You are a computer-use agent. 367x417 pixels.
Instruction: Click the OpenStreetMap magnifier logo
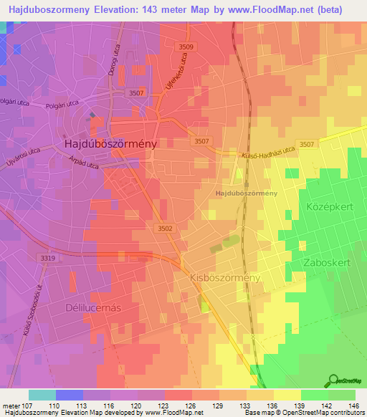[333, 380]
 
